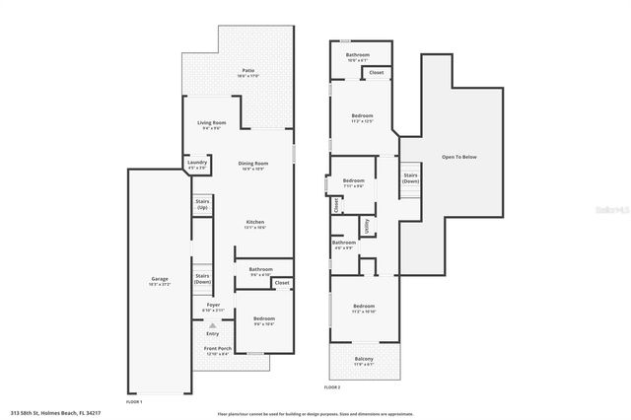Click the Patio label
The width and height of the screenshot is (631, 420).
(x=248, y=70)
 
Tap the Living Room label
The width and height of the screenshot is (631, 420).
(x=212, y=124)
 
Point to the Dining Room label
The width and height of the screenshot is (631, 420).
(x=252, y=165)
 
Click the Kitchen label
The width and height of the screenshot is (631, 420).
(x=255, y=224)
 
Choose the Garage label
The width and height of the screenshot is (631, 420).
(x=160, y=280)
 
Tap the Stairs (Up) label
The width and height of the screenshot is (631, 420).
(x=202, y=205)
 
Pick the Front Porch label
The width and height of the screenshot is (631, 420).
(x=218, y=350)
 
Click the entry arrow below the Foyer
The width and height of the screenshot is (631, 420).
(x=212, y=323)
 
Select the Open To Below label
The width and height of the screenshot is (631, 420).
(x=460, y=157)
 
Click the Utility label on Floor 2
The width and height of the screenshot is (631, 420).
(x=366, y=226)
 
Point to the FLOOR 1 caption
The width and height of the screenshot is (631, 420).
(x=134, y=401)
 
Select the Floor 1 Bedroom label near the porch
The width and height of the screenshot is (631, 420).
(x=263, y=320)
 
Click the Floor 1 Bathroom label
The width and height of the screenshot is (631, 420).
(x=260, y=270)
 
